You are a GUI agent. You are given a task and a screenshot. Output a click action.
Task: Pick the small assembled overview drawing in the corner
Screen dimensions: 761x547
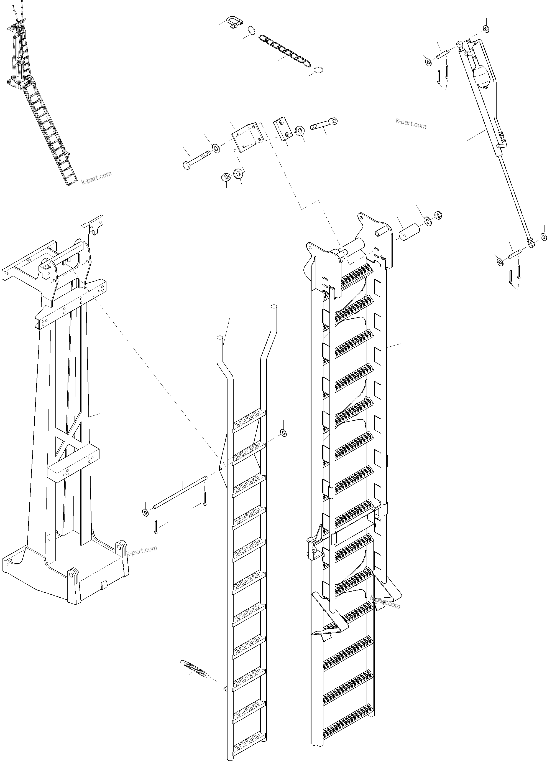(37, 97)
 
